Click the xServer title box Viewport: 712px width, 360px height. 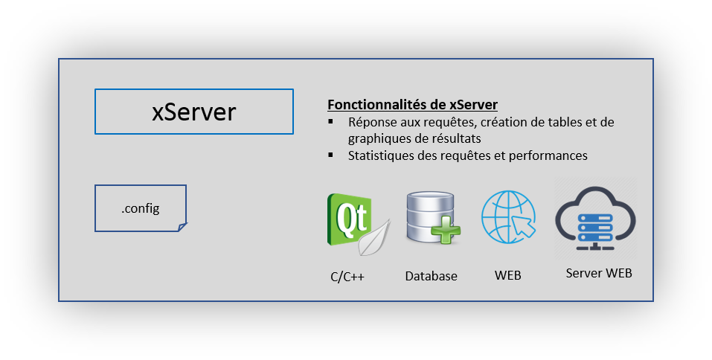pos(194,112)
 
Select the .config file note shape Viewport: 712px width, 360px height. pos(141,208)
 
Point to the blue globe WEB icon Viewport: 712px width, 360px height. pos(507,216)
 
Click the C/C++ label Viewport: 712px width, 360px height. pos(347,277)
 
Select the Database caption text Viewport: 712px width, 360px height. pos(431,276)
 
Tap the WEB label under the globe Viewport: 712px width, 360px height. pos(507,276)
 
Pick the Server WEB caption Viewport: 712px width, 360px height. pos(599,273)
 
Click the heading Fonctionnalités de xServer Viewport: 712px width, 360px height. pos(412,105)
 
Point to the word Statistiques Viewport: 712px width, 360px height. pos(377,155)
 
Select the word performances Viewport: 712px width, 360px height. pos(551,155)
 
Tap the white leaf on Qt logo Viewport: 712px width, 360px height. pos(374,238)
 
